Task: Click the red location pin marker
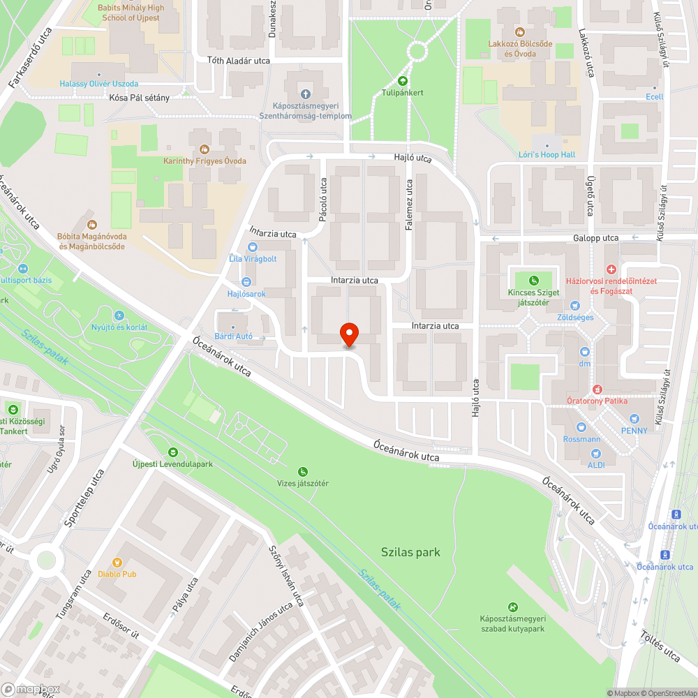pos(349,334)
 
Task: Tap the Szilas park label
pos(410,552)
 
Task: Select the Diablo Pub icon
pos(117,562)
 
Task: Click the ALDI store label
pos(595,464)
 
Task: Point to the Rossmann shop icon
pos(581,427)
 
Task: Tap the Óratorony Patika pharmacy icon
pos(597,389)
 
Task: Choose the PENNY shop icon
pos(634,419)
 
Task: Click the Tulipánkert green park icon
pos(403,81)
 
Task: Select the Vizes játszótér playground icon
pos(302,472)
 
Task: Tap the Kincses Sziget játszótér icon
pos(534,281)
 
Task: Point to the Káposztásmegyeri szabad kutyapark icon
pos(513,607)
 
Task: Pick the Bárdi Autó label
pos(233,336)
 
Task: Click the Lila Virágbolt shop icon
pos(252,246)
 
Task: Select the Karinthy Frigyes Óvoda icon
pos(204,149)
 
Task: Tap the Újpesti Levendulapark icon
pos(172,452)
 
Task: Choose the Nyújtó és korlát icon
pos(119,315)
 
